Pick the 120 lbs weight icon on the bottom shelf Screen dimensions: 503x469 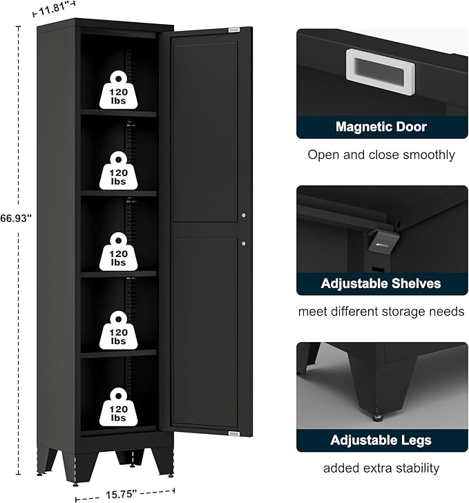(x=118, y=408)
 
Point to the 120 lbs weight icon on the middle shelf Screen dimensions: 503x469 (x=118, y=249)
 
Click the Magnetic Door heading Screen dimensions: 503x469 (x=381, y=126)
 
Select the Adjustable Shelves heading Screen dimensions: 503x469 (x=381, y=283)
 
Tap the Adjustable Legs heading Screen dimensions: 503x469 (x=381, y=440)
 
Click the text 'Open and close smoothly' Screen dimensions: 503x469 (x=381, y=155)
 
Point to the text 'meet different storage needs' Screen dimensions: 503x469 (x=381, y=312)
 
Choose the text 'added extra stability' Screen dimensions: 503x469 (x=381, y=468)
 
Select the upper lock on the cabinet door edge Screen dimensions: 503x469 (x=244, y=216)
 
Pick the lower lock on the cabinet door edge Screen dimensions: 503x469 (x=244, y=243)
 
